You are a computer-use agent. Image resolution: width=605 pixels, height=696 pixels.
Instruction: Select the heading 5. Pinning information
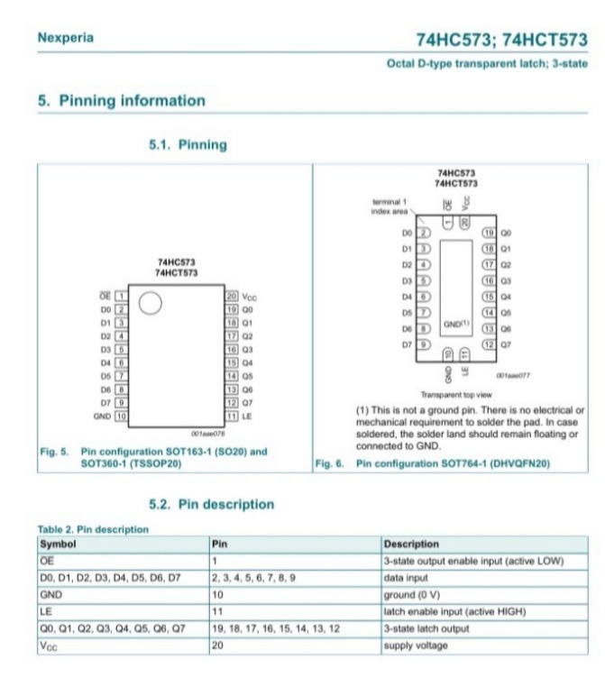point(121,100)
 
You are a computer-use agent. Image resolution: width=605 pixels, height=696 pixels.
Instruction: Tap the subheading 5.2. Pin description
point(211,504)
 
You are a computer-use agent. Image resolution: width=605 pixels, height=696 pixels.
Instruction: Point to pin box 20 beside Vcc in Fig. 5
point(231,296)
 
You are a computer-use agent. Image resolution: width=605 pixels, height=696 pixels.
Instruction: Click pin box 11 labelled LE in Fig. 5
point(231,417)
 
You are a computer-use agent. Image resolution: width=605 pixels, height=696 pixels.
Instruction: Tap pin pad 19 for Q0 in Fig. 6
point(490,233)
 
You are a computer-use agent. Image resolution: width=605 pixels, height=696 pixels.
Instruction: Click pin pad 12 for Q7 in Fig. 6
point(490,345)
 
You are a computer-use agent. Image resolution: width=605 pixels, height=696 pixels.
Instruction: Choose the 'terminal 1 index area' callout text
point(390,206)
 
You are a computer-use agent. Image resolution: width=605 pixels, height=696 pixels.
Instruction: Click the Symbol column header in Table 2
point(58,545)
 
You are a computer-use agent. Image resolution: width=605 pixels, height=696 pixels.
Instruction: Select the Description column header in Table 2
point(411,545)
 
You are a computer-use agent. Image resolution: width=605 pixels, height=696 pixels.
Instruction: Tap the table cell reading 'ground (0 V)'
point(413,596)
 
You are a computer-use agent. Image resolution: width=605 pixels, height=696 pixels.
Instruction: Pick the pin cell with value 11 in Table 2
point(216,612)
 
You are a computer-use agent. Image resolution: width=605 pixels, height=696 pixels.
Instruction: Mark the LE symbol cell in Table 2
point(45,612)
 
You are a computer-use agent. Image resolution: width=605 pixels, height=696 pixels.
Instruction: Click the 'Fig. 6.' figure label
point(325,464)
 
